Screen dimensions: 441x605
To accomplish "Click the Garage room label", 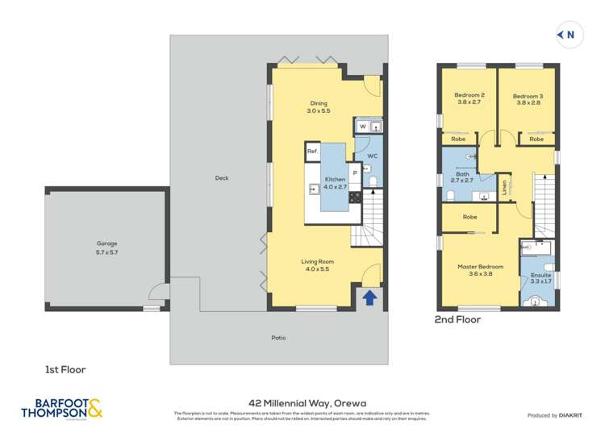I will (107, 247).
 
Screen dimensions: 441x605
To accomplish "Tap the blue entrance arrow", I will (369, 297).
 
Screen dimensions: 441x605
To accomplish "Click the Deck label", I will (222, 178).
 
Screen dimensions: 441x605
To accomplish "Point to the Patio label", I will (278, 337).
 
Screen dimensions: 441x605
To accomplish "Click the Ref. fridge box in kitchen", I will (313, 151).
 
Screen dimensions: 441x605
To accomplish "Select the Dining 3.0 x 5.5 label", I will (319, 106).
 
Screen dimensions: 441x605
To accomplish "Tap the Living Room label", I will (318, 265).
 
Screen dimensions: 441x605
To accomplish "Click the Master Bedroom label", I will (481, 270).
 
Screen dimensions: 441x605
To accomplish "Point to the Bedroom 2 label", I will (469, 98).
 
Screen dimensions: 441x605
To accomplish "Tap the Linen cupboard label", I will (504, 186).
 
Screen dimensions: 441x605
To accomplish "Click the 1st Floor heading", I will (65, 369).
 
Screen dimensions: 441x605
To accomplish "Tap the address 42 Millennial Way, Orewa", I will (301, 398).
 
